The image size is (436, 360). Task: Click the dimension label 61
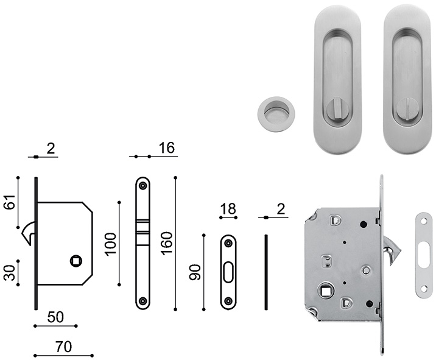click(x=10, y=202)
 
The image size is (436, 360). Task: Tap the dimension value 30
click(x=10, y=273)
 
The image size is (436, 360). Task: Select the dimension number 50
click(x=55, y=317)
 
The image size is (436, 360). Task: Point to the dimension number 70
click(x=64, y=347)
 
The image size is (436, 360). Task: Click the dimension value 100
click(x=110, y=244)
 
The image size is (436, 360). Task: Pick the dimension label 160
click(x=167, y=244)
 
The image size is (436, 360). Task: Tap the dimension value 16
click(x=167, y=148)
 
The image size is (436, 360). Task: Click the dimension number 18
click(x=228, y=209)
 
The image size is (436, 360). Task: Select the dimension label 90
click(x=195, y=272)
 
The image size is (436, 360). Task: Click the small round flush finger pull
click(x=276, y=114)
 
